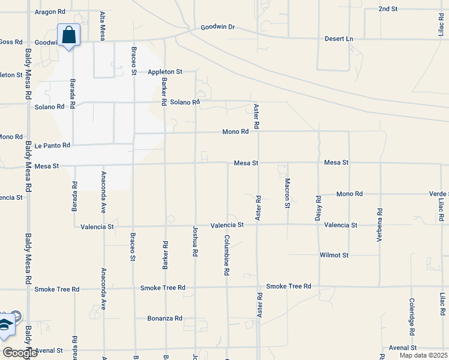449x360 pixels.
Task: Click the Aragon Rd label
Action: click(x=50, y=11)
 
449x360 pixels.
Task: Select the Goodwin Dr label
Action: click(x=218, y=27)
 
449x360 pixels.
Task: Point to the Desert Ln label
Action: click(x=339, y=38)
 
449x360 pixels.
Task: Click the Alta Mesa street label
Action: click(x=103, y=26)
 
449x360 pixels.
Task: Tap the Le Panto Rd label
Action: click(x=52, y=145)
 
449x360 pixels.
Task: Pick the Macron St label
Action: click(x=288, y=193)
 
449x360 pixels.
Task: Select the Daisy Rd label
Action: click(x=318, y=208)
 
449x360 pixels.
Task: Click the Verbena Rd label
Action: click(x=379, y=225)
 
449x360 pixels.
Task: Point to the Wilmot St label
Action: click(x=334, y=255)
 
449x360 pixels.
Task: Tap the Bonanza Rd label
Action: click(x=164, y=318)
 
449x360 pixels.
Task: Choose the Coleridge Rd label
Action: click(x=412, y=316)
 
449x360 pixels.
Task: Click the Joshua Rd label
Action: click(x=195, y=242)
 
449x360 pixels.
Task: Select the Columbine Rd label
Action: click(x=227, y=255)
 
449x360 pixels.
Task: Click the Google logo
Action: click(x=20, y=353)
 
